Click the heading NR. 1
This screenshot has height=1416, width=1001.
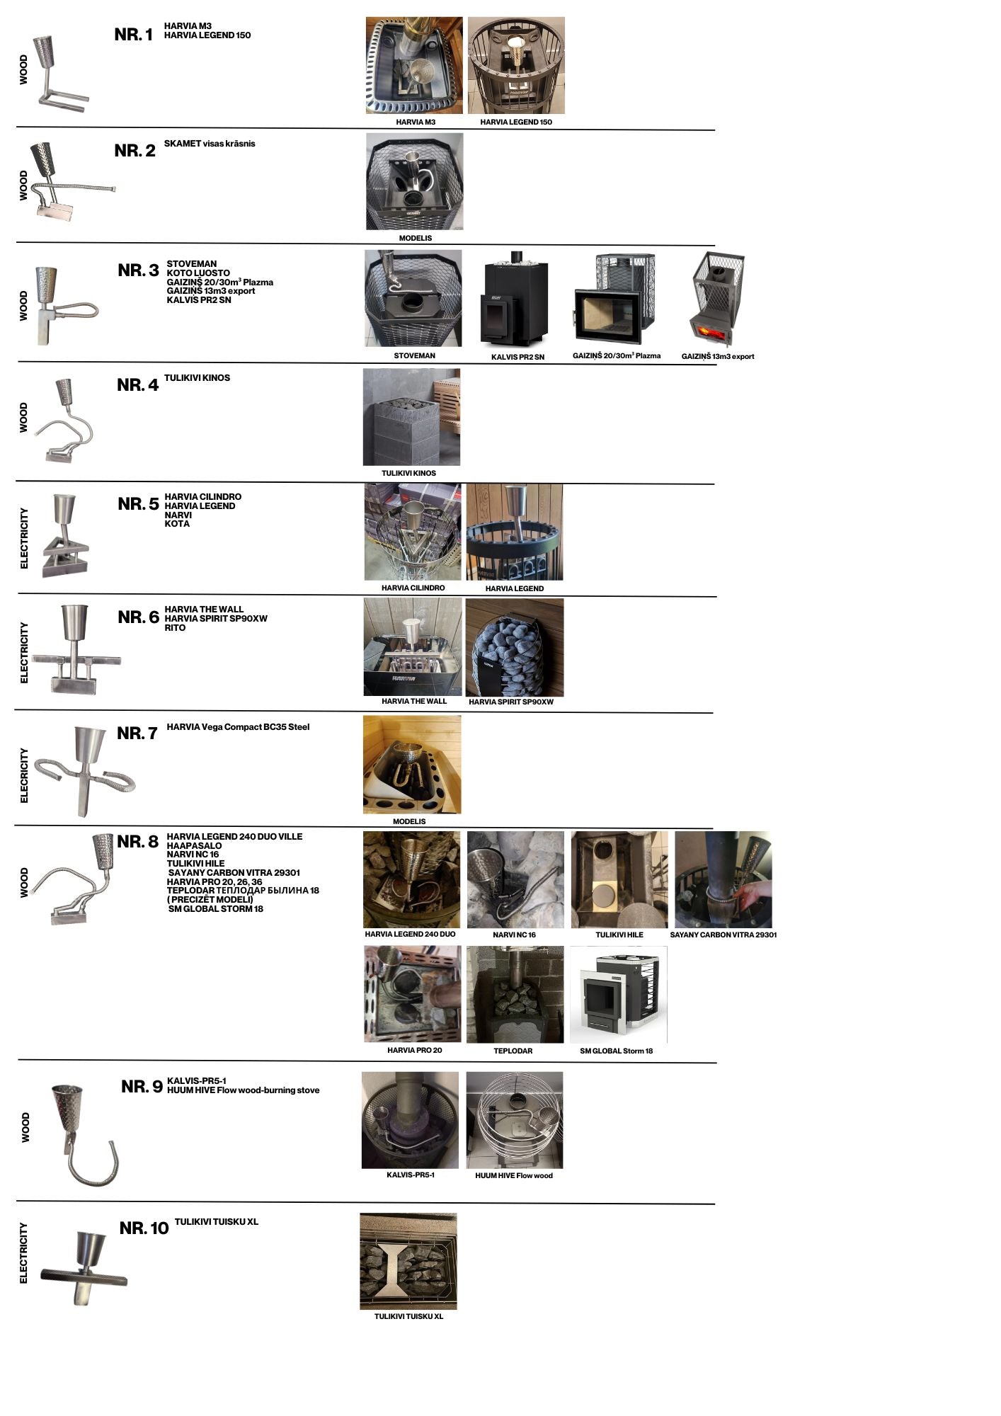click(x=133, y=35)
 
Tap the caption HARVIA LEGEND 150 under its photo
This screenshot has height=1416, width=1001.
click(x=515, y=122)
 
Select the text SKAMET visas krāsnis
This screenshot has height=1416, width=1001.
click(x=209, y=144)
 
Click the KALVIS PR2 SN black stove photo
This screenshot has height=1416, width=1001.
click(x=517, y=299)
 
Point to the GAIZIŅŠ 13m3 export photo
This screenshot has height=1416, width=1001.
click(x=717, y=299)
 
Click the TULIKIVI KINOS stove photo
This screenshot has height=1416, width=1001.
click(x=411, y=417)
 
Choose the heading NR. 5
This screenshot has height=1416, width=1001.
click(x=138, y=504)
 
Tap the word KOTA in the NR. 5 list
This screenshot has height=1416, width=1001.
click(x=177, y=524)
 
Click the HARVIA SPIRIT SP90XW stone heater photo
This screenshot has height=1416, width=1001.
click(x=514, y=647)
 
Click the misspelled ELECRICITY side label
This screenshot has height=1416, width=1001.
click(x=24, y=775)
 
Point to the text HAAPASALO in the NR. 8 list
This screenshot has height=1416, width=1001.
click(x=194, y=845)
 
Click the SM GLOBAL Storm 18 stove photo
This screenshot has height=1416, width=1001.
click(x=618, y=994)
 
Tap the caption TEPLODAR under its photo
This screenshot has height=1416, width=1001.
click(x=513, y=1051)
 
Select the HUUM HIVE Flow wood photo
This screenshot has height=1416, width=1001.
click(x=514, y=1119)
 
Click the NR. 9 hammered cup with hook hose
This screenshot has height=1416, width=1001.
click(x=81, y=1132)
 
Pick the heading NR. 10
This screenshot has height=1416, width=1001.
click(x=144, y=1228)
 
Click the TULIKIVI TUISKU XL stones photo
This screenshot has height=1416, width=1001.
click(x=408, y=1261)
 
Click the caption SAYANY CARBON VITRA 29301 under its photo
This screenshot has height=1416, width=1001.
click(x=723, y=935)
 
